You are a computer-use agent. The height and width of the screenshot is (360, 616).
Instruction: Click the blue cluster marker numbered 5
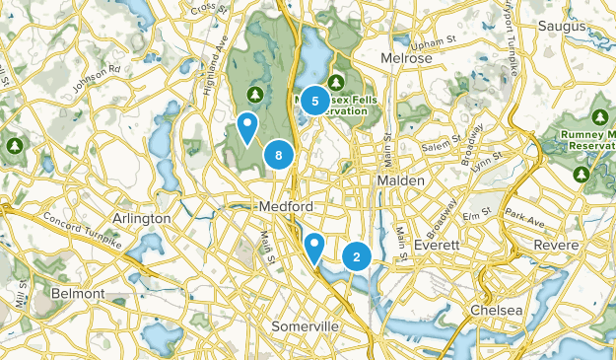coord(315,100)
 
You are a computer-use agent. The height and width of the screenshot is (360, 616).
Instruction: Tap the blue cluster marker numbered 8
coord(280,155)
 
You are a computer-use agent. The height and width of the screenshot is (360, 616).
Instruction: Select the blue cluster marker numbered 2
coord(356,257)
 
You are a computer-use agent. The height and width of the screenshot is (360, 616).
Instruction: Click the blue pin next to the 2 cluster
coord(314,247)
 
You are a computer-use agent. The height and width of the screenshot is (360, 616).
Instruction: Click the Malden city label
coord(400,181)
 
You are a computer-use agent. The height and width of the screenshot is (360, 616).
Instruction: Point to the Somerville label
coord(306,325)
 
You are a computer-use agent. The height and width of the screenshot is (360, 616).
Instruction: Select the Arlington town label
coord(144,217)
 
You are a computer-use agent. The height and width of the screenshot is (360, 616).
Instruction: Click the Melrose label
coord(405,58)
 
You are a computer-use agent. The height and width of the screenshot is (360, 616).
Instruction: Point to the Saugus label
coord(563,25)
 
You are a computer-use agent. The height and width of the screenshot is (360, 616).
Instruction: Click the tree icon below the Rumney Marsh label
coord(582,175)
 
